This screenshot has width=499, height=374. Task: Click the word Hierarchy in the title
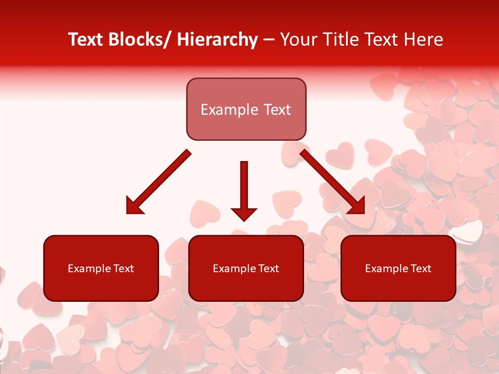pos(217,40)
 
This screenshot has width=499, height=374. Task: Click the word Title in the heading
pos(340,40)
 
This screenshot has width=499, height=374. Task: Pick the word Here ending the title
pos(424,40)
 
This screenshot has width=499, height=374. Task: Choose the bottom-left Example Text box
pos(101,268)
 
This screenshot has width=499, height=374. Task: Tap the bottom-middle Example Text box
pos(246,268)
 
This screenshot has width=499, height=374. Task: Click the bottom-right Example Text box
pos(398,268)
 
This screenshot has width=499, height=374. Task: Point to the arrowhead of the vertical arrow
pos(244,213)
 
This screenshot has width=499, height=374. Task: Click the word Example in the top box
pos(229,110)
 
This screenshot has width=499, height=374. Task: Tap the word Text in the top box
pos(277,110)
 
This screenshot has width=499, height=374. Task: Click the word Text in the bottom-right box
pos(421,269)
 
